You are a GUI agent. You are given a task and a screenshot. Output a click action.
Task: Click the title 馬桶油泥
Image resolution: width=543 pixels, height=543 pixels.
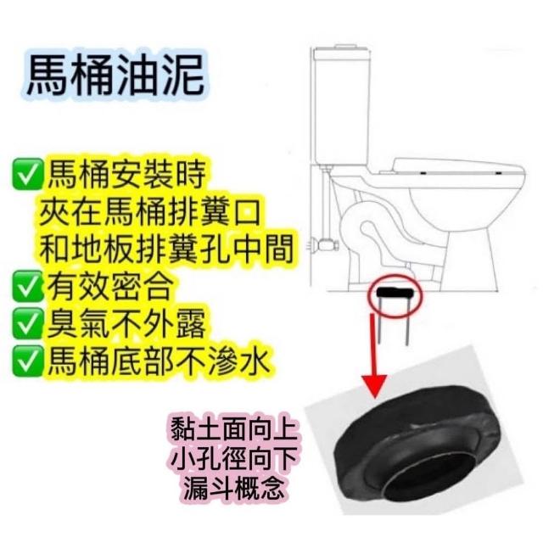click(115, 76)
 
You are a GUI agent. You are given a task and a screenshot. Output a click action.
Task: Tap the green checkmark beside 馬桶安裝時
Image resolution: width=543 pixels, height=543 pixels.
click(27, 174)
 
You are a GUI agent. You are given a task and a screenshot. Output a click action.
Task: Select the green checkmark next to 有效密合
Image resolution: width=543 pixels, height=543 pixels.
click(27, 287)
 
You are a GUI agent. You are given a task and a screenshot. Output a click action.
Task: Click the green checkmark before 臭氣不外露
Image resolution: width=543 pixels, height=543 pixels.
click(27, 324)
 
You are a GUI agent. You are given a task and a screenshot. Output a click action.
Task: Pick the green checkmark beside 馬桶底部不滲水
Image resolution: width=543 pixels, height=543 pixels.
click(27, 361)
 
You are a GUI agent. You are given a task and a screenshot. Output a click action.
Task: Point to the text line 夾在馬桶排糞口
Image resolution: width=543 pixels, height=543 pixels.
click(149, 211)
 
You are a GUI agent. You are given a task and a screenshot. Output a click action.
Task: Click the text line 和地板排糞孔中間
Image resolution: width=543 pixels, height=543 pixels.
click(166, 249)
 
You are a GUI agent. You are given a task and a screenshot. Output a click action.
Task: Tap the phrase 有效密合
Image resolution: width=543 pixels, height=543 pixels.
click(109, 287)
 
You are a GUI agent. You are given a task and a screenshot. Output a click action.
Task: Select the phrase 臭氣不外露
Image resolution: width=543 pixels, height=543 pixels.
click(126, 324)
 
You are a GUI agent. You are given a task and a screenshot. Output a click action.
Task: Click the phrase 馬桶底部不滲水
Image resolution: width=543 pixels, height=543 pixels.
click(159, 361)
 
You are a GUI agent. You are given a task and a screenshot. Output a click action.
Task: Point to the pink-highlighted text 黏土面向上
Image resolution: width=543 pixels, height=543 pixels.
click(234, 428)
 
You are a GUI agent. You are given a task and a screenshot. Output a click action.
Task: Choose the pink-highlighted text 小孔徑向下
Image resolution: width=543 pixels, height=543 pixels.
click(234, 458)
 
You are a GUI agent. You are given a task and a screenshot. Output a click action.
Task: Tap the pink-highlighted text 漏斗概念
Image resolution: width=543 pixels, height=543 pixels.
click(234, 489)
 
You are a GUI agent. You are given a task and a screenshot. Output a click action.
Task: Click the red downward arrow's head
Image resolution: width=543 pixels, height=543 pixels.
click(373, 387)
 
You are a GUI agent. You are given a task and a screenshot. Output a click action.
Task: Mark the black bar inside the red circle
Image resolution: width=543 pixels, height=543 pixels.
click(395, 293)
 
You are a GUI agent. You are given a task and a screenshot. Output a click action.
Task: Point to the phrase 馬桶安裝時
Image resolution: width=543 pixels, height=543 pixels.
click(126, 174)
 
